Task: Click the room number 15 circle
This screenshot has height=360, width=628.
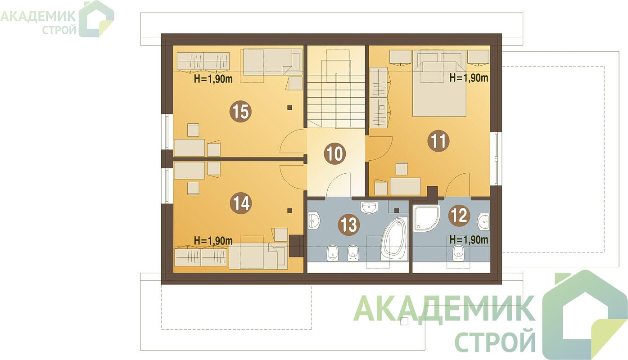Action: [240, 112]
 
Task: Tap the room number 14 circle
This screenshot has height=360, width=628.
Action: [240, 203]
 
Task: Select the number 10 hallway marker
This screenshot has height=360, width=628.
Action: [335, 153]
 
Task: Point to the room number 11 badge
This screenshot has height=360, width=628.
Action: [438, 141]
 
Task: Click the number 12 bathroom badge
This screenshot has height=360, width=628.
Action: [459, 216]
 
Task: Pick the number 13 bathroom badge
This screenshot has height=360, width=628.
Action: [349, 225]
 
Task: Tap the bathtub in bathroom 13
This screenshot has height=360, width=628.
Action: [394, 238]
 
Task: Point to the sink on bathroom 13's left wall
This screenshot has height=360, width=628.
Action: [314, 220]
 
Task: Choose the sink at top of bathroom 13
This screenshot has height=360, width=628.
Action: [370, 207]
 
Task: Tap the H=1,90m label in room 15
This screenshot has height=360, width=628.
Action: [213, 79]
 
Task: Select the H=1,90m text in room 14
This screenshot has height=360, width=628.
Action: [213, 240]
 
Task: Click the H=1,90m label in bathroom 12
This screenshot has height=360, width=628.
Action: [469, 239]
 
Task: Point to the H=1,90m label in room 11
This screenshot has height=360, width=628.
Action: [469, 77]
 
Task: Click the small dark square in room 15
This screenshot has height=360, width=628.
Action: [290, 107]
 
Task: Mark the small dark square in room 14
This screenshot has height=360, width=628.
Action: [290, 211]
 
